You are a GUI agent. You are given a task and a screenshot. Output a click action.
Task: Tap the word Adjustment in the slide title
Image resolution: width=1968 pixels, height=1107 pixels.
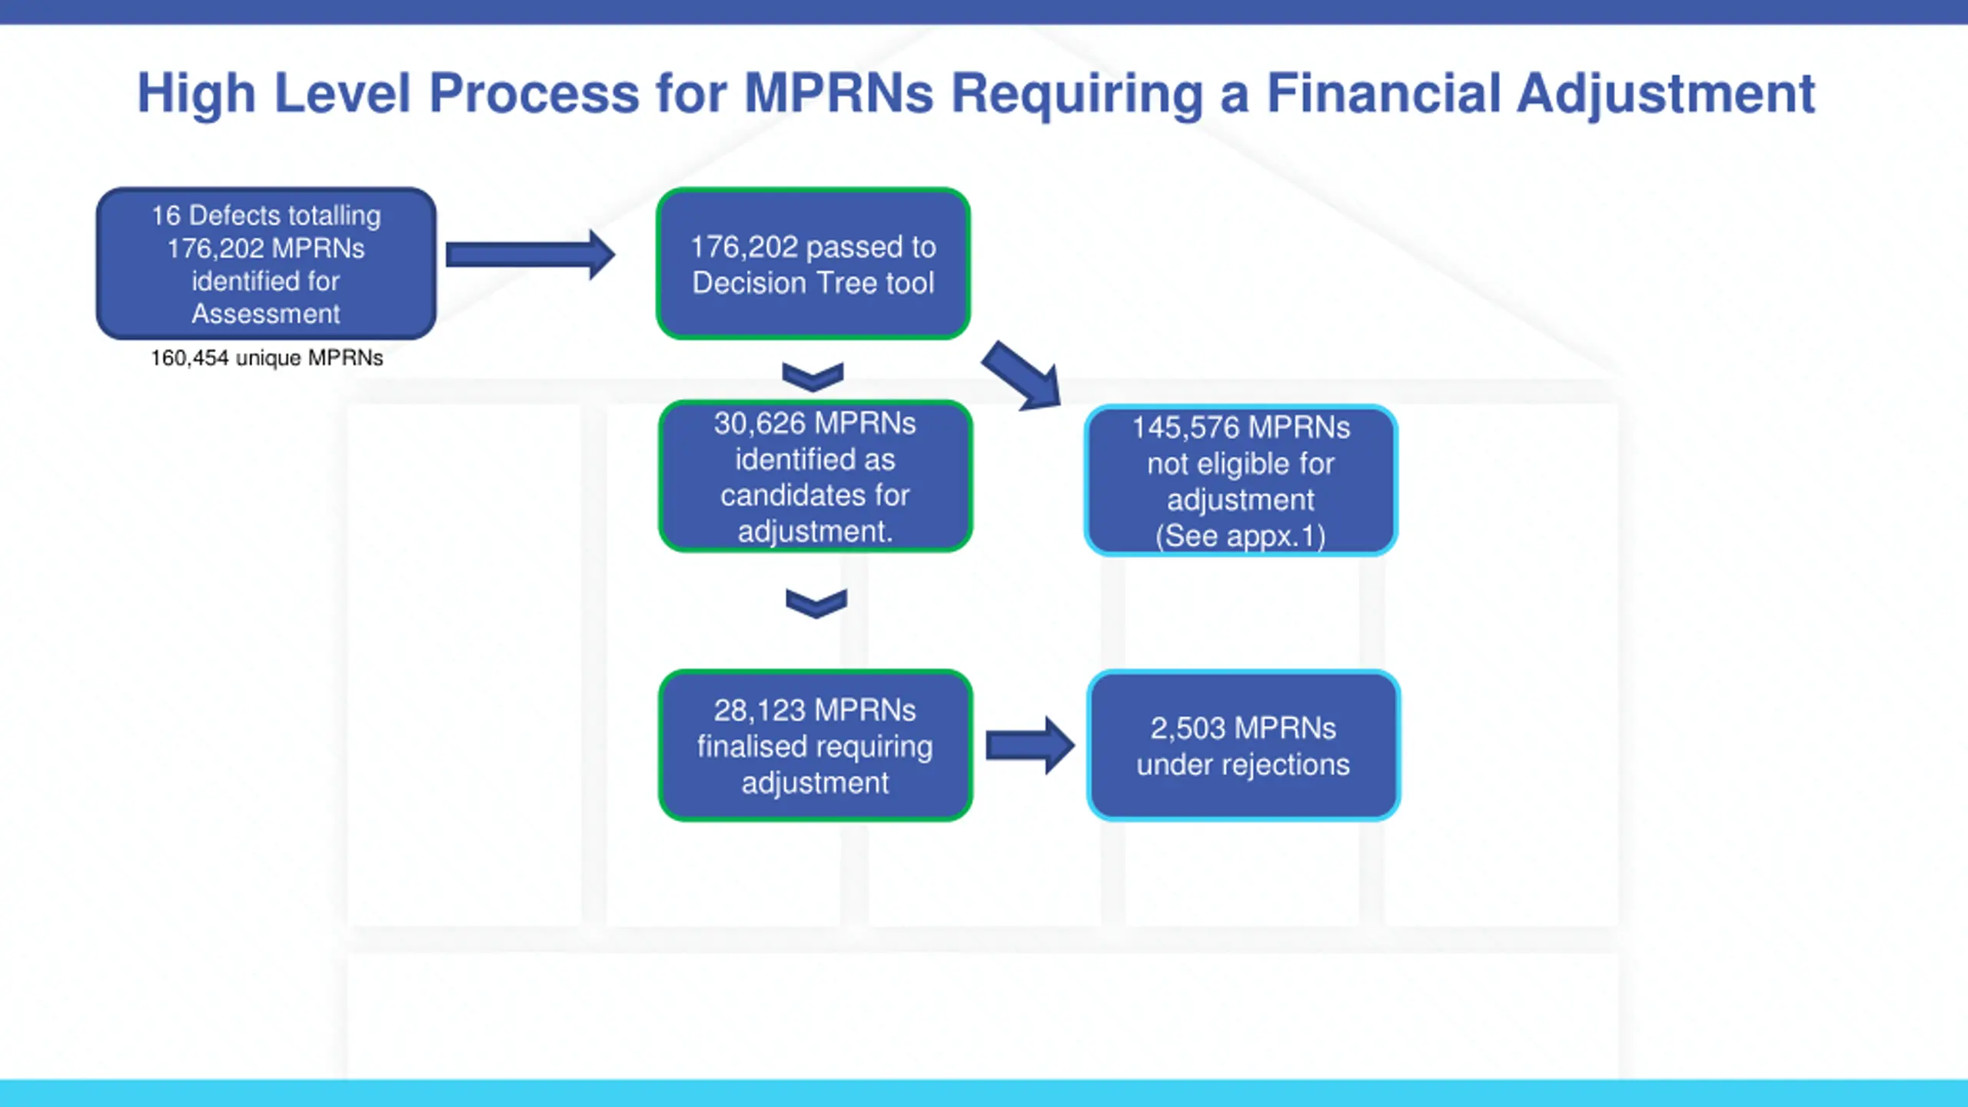1666,95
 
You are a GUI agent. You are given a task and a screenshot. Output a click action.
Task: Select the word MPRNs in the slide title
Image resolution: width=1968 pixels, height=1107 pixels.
839,93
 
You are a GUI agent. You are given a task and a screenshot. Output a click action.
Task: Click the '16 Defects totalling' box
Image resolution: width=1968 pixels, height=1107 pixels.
266,264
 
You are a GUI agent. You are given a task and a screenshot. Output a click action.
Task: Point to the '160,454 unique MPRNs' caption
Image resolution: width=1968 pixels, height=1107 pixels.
267,358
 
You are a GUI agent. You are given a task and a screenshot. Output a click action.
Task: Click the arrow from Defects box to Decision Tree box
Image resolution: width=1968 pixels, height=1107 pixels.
530,254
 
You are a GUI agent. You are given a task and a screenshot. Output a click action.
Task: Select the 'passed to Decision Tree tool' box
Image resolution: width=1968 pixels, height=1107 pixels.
813,264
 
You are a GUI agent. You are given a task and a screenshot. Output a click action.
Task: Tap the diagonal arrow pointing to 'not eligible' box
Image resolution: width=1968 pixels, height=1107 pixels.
1022,375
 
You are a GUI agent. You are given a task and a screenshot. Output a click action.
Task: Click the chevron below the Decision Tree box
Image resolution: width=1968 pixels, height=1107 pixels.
813,376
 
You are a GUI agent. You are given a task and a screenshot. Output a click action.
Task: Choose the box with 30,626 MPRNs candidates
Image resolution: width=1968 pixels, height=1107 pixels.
816,476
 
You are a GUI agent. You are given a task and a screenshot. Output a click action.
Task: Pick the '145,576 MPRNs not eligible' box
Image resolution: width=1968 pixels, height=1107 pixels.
1241,480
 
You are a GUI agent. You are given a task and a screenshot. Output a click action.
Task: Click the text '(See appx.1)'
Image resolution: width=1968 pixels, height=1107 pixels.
1241,536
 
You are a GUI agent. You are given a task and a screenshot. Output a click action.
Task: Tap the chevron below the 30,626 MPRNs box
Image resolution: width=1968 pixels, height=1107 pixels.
816,603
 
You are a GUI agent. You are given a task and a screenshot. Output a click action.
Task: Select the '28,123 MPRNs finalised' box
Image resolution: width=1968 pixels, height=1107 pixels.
816,746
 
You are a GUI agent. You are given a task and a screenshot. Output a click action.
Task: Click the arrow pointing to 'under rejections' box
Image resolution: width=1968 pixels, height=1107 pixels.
1030,746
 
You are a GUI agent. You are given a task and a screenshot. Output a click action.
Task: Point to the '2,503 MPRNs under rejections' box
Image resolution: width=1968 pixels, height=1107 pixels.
1243,746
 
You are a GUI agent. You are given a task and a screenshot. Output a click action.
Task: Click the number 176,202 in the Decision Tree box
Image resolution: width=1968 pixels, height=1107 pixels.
744,248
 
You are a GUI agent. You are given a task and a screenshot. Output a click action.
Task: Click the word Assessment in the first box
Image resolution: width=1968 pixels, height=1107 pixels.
266,314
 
